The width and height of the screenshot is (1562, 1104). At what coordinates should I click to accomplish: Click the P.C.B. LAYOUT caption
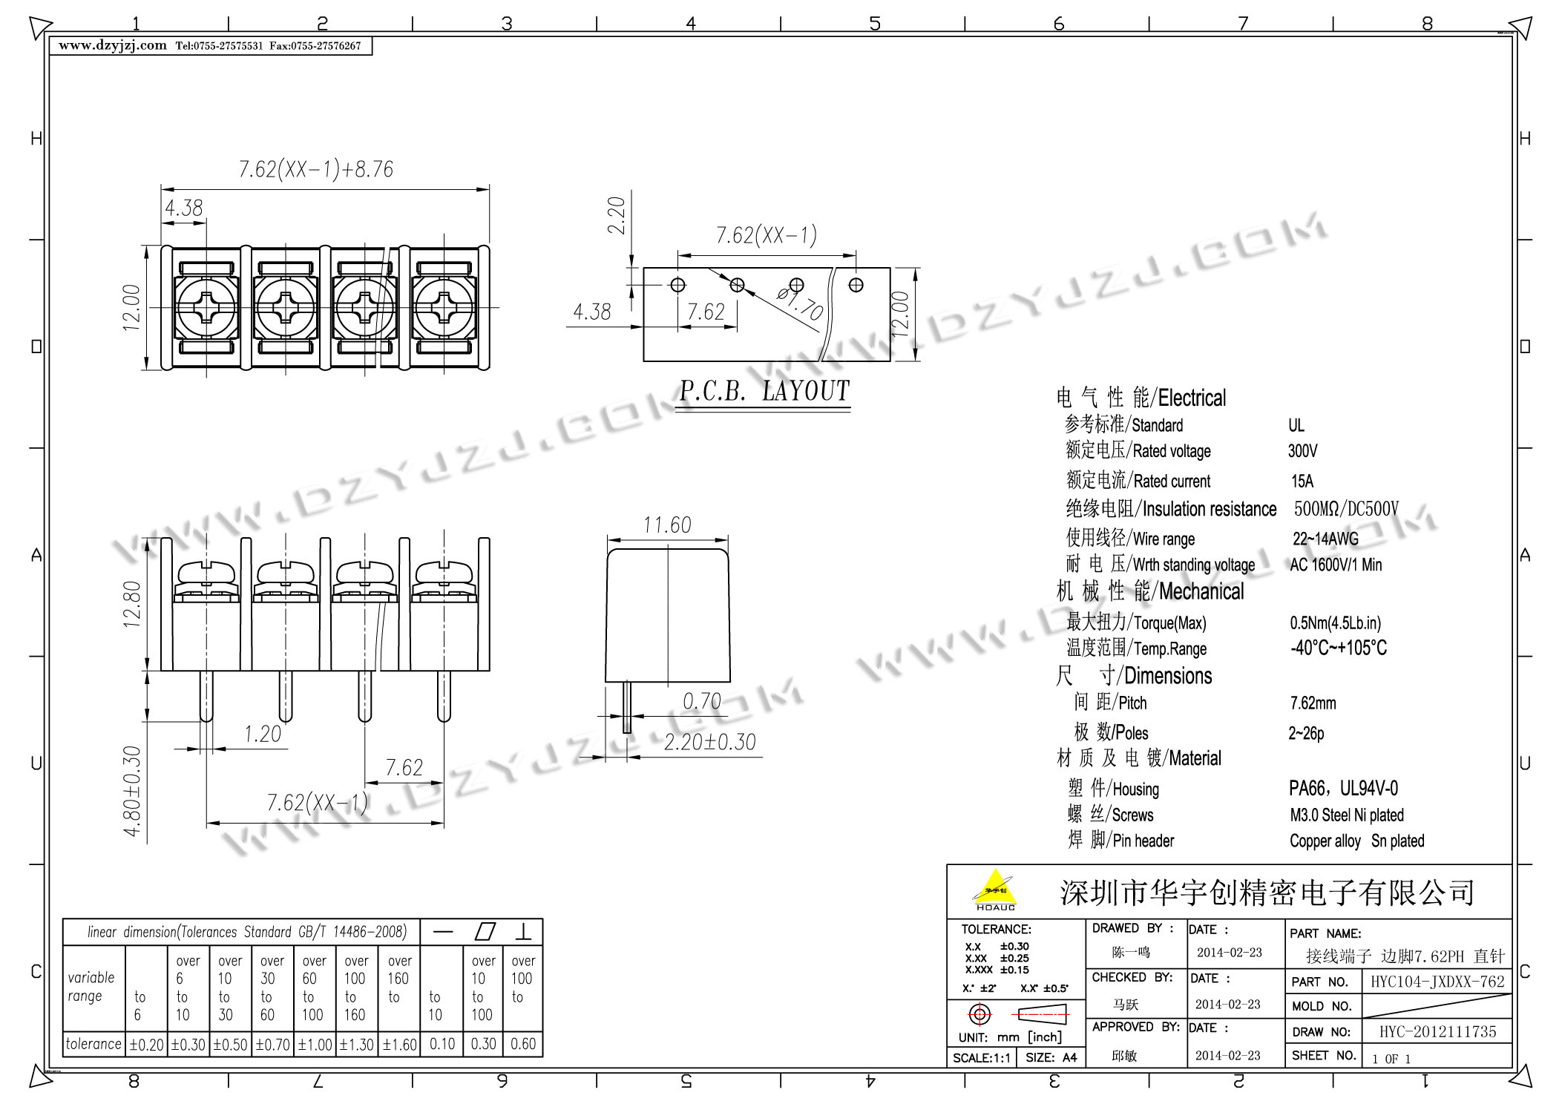point(764,391)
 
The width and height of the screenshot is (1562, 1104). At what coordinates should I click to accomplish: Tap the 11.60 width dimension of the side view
point(667,525)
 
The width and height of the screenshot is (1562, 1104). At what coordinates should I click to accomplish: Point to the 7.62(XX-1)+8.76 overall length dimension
point(316,169)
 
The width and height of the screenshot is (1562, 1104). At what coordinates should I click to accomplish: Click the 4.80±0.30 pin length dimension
point(132,791)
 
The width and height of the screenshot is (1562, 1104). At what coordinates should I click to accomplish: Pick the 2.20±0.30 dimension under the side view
point(709,742)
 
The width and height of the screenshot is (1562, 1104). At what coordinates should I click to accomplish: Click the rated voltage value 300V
point(1303,451)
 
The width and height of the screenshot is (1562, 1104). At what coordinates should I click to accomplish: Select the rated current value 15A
point(1302,482)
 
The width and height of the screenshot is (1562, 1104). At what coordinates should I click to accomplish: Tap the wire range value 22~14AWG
point(1326,539)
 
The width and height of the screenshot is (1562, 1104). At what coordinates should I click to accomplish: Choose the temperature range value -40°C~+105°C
point(1339,648)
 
